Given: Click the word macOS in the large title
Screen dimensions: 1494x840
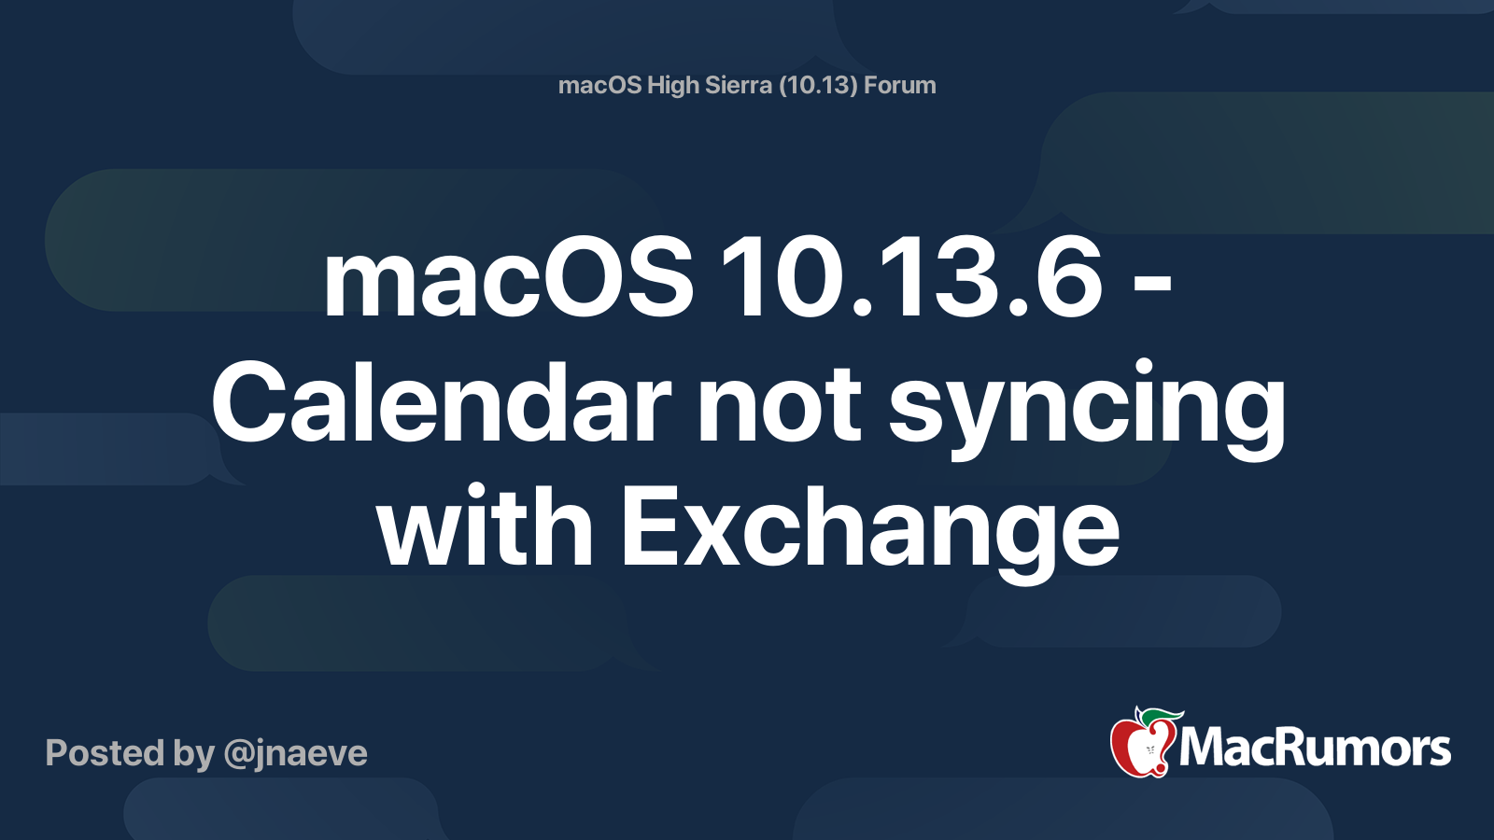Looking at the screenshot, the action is point(508,277).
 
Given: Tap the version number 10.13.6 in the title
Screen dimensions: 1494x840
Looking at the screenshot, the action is point(910,277).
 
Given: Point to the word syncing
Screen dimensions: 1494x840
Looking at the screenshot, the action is point(1087,411).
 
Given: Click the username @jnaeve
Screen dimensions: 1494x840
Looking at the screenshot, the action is point(295,754).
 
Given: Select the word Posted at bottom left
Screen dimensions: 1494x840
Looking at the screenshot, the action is point(106,752).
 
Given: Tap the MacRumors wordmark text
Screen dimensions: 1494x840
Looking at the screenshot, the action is point(1315,749).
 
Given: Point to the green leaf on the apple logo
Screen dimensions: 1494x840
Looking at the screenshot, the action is point(1162,718).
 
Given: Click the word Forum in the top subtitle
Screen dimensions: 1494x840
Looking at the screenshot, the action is point(900,85).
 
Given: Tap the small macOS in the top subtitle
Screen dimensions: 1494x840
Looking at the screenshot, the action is point(599,85).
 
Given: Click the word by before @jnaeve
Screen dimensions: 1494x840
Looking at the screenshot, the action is point(194,754).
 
